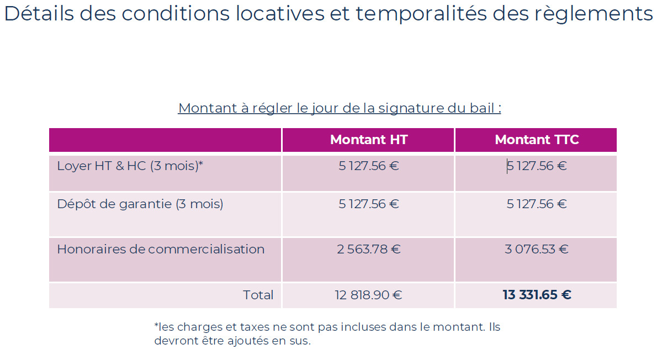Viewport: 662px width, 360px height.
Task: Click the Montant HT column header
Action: tap(368, 140)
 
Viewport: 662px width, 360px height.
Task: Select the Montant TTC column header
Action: tap(537, 140)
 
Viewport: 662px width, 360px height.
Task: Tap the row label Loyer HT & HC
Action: tap(130, 166)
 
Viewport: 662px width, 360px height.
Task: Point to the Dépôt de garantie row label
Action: tap(140, 204)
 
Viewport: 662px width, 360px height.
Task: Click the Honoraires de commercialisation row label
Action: tap(161, 249)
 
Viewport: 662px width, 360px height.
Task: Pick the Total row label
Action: tap(258, 295)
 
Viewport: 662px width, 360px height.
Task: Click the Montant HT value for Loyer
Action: tap(368, 166)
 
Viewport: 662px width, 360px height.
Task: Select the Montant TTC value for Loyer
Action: tap(537, 166)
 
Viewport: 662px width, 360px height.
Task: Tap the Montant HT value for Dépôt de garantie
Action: tap(368, 204)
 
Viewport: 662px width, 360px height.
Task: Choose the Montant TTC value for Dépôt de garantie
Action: tap(537, 204)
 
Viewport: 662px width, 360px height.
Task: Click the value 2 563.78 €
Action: tap(368, 249)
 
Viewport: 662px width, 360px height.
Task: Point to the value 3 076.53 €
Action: tap(537, 249)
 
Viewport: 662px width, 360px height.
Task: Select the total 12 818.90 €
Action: tap(368, 295)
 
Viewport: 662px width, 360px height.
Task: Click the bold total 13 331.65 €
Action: tap(537, 295)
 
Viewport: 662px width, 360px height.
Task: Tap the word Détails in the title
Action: tap(39, 14)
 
